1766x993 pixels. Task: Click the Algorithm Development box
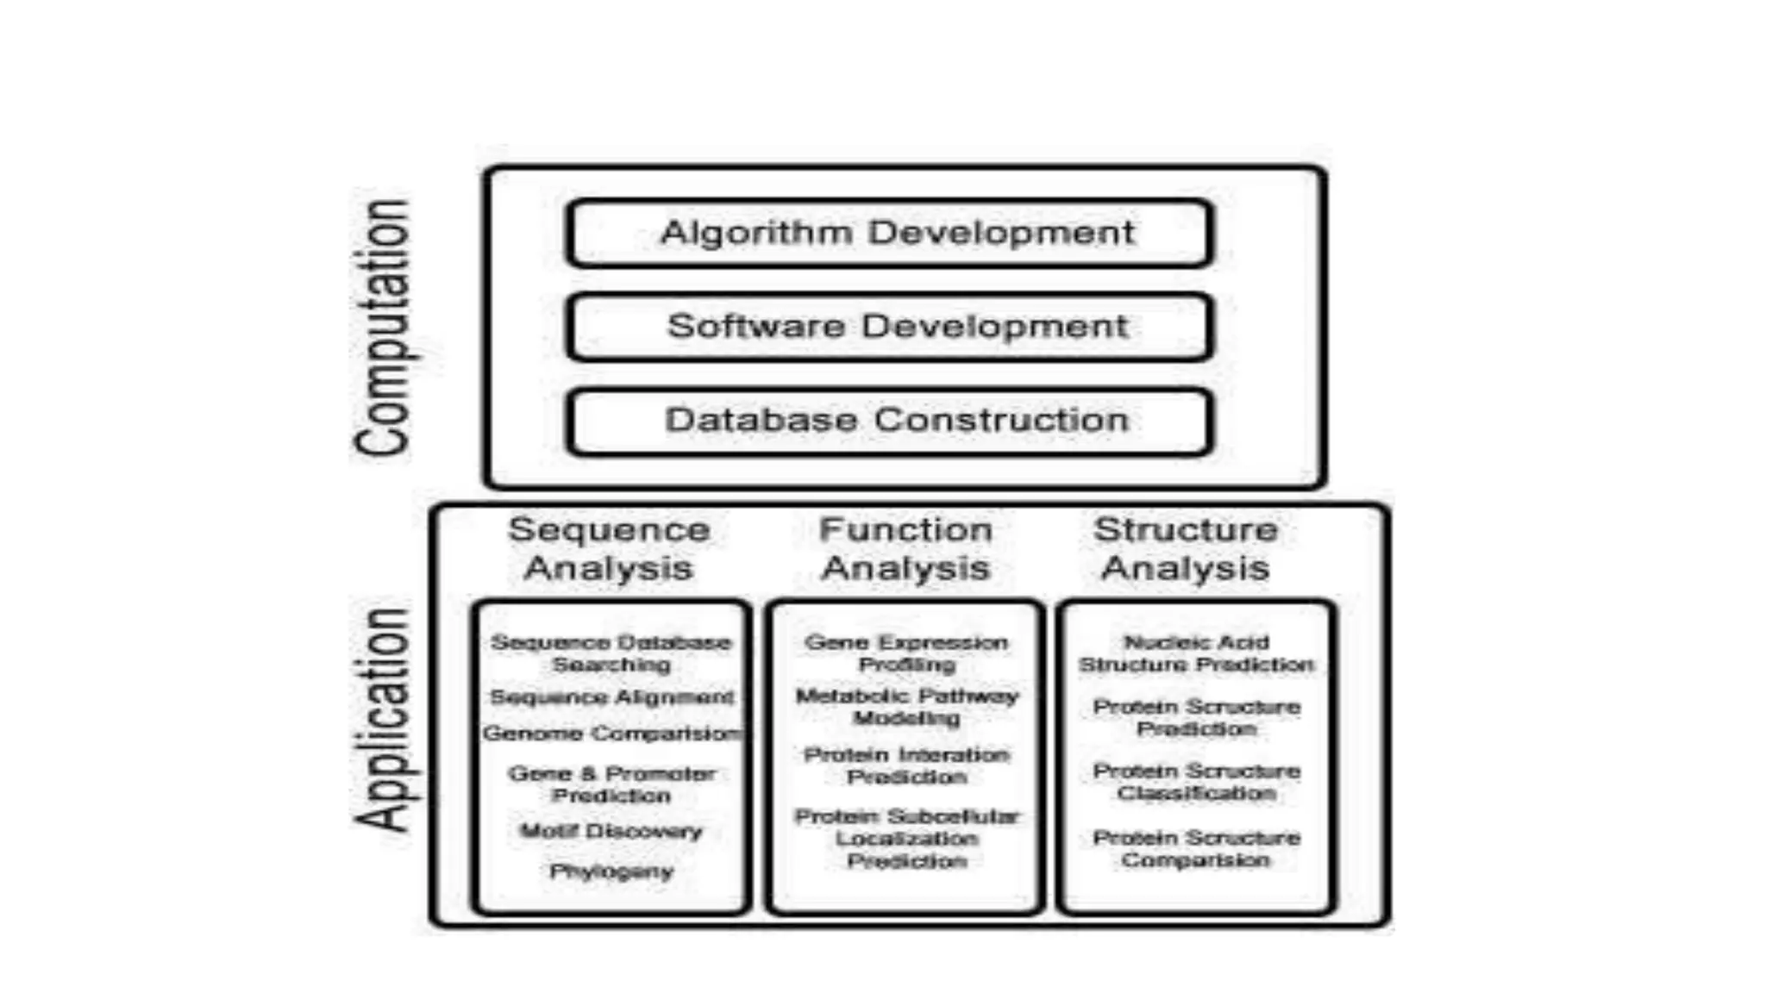(890, 233)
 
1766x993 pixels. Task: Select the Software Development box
(890, 327)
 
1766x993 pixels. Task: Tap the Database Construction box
(890, 421)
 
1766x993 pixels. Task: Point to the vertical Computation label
(383, 328)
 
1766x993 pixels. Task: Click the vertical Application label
(383, 720)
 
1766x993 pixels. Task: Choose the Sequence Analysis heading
(609, 548)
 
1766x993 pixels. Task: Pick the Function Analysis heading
(905, 548)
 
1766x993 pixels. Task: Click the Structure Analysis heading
(1186, 548)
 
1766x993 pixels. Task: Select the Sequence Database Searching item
(611, 653)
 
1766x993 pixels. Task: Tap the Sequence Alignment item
(611, 696)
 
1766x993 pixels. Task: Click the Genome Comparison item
(611, 734)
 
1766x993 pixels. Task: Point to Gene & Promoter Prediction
(611, 784)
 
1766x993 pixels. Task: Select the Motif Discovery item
(611, 832)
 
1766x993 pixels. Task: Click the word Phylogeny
(611, 871)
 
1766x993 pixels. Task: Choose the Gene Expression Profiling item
(906, 653)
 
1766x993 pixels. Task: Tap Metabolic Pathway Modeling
(906, 707)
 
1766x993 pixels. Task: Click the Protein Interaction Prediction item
(906, 765)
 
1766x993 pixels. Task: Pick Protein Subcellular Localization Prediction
(906, 838)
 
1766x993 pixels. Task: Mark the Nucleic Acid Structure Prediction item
(1196, 653)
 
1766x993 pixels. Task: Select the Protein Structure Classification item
(1196, 782)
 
